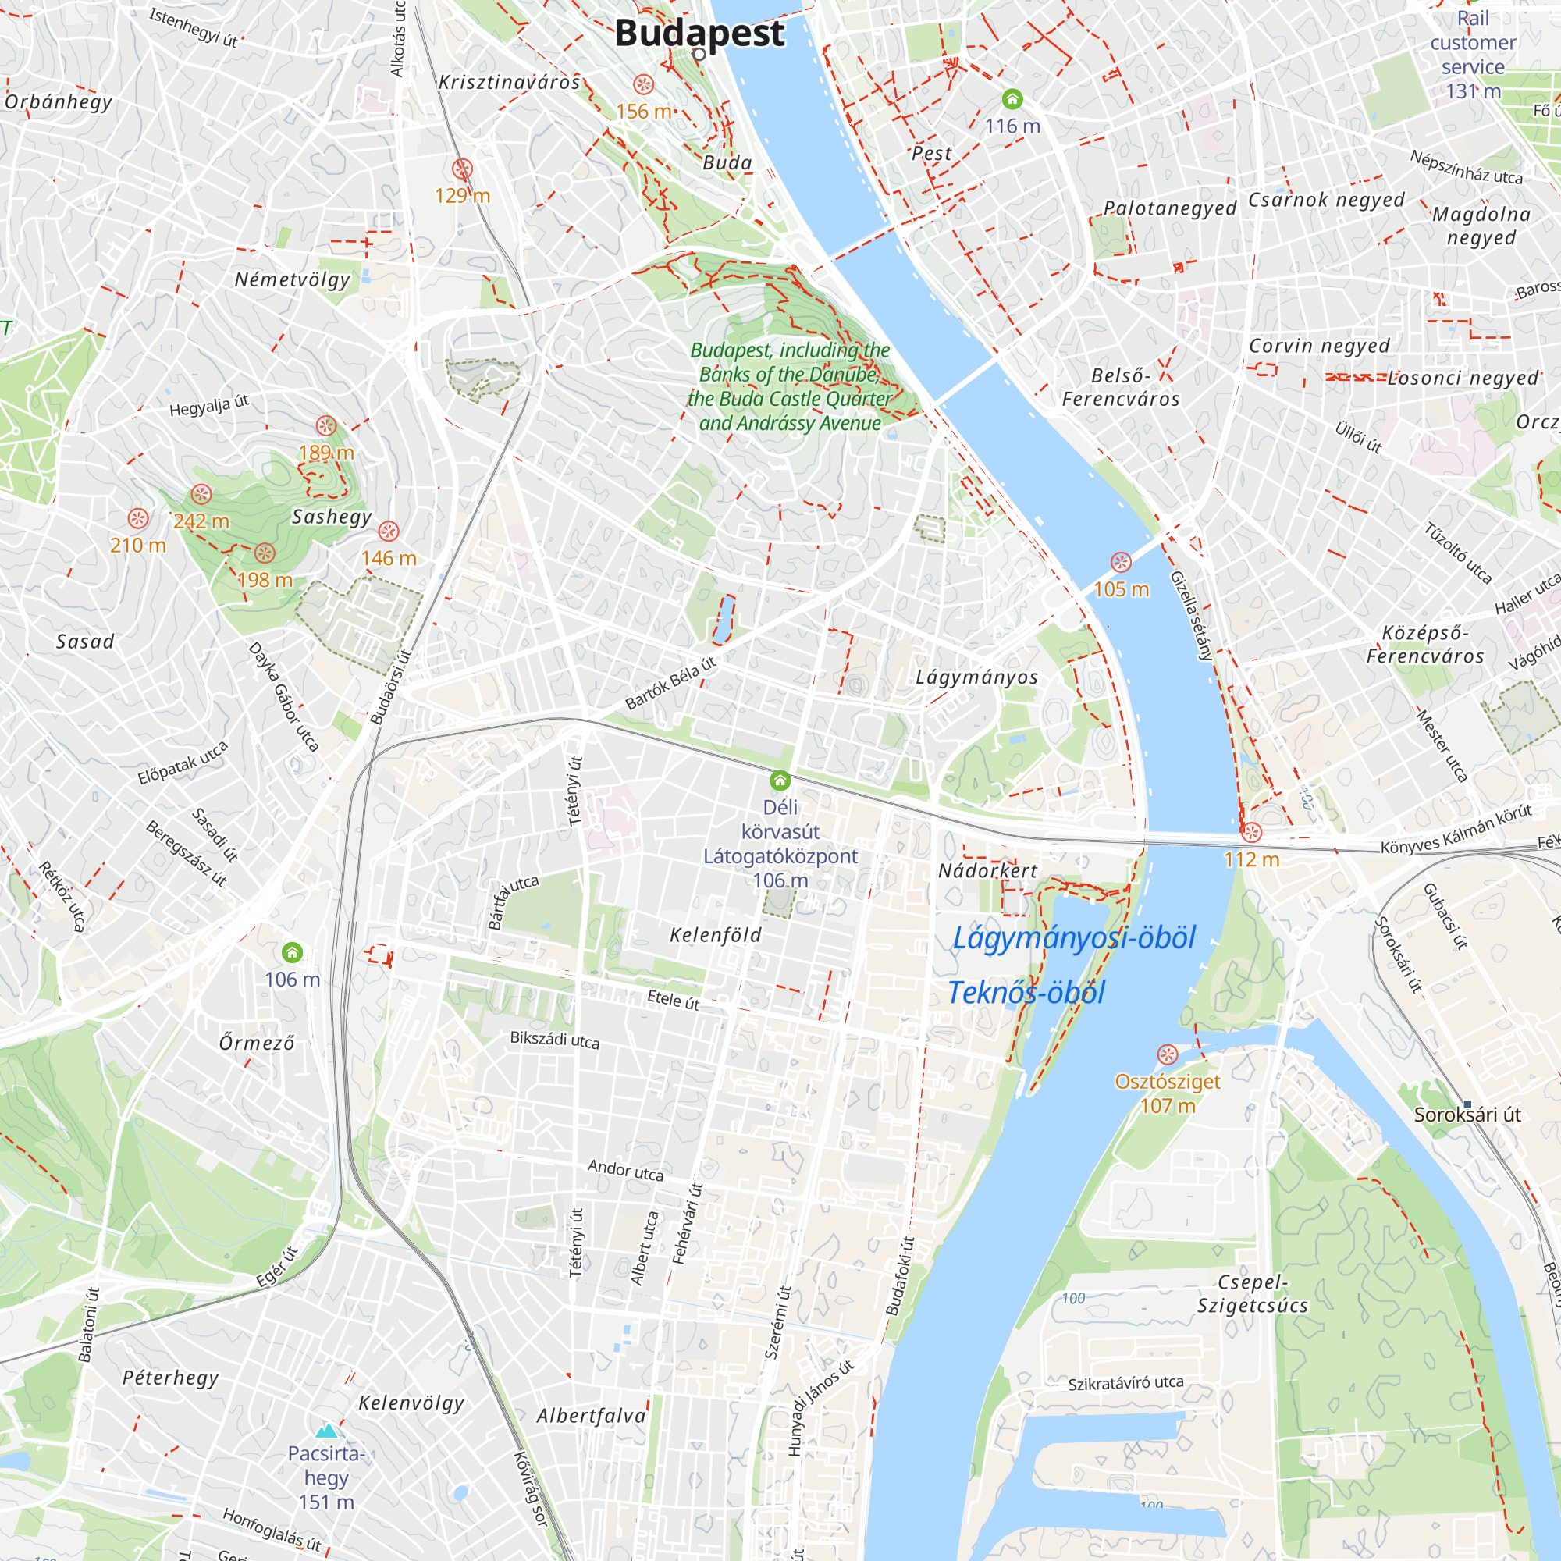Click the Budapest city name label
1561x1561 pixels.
click(699, 34)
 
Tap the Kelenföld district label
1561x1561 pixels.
click(715, 935)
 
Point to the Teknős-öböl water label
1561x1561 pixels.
click(1026, 992)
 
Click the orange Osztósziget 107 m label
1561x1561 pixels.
click(1167, 1093)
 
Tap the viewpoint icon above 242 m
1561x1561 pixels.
click(201, 494)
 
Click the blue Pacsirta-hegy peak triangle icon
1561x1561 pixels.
click(325, 1431)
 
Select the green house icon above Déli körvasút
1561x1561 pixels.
click(780, 780)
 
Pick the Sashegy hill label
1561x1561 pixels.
click(331, 517)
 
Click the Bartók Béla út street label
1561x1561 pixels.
click(670, 684)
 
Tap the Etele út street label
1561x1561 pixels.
click(673, 1001)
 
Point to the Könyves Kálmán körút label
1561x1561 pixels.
click(1456, 829)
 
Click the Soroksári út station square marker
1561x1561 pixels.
click(1467, 1104)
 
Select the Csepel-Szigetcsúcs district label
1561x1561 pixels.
click(1253, 1293)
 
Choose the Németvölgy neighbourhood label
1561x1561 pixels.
click(293, 280)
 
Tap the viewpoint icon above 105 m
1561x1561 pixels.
click(1121, 562)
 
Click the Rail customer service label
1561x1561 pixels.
click(1472, 54)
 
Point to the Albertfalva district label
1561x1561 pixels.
click(592, 1416)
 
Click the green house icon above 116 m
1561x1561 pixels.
click(1012, 99)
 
